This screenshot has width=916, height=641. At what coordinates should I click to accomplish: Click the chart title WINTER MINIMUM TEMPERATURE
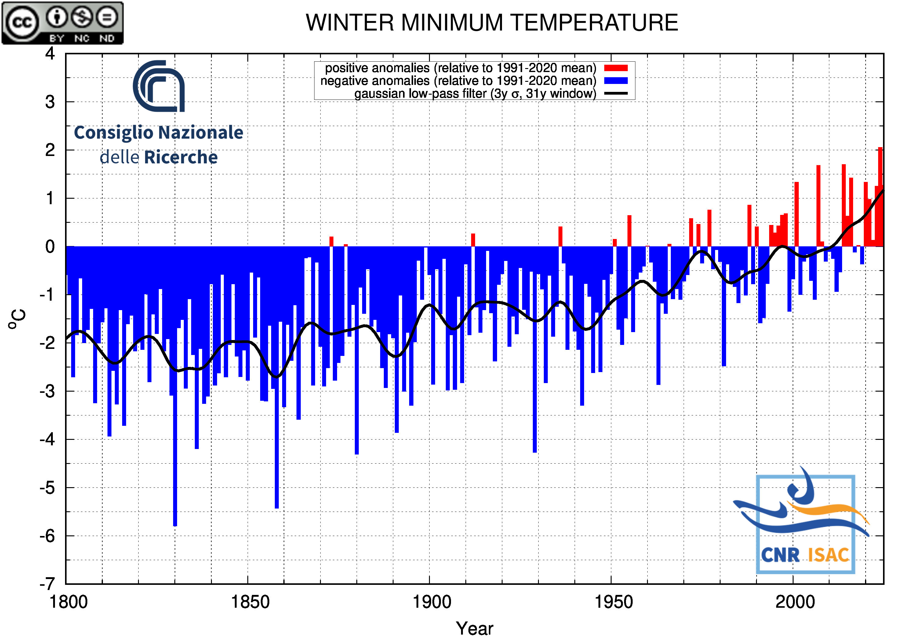(x=492, y=22)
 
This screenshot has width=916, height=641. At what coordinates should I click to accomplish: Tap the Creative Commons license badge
(x=63, y=23)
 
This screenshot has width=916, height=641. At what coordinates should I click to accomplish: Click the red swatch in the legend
(x=616, y=68)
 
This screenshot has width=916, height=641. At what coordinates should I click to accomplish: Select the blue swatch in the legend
(x=616, y=81)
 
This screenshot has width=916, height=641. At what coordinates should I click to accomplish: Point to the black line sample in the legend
(x=616, y=93)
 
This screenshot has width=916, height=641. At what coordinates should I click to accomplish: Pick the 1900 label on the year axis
(x=432, y=602)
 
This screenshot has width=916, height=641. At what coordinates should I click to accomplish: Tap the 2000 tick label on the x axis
(x=795, y=602)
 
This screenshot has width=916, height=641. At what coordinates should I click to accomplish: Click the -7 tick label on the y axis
(x=47, y=584)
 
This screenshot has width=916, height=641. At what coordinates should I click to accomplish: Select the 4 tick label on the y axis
(x=50, y=53)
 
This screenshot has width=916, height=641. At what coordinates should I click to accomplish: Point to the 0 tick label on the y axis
(x=50, y=247)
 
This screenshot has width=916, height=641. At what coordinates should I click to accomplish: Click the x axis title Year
(x=474, y=628)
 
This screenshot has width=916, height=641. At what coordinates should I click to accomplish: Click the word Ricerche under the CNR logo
(x=181, y=157)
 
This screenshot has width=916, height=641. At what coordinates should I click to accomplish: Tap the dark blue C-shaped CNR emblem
(x=159, y=86)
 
